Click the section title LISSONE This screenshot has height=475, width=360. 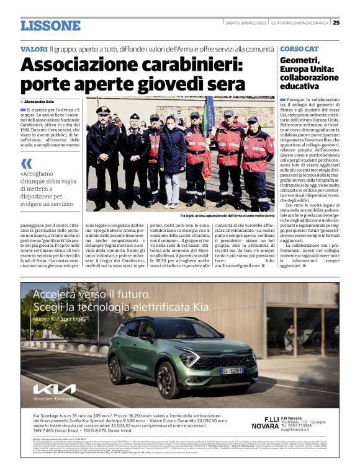click(50, 25)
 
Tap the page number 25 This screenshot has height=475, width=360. click(336, 23)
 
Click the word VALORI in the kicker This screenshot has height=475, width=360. click(34, 48)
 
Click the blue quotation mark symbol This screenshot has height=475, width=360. click(26, 164)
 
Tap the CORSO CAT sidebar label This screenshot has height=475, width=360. click(299, 48)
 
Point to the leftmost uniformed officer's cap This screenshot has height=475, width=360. click(104, 110)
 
